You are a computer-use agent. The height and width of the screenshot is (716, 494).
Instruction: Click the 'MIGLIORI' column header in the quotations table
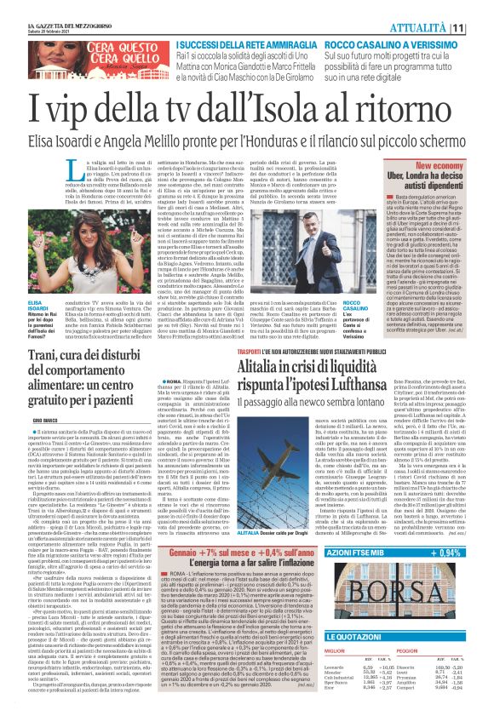click(365, 676)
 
